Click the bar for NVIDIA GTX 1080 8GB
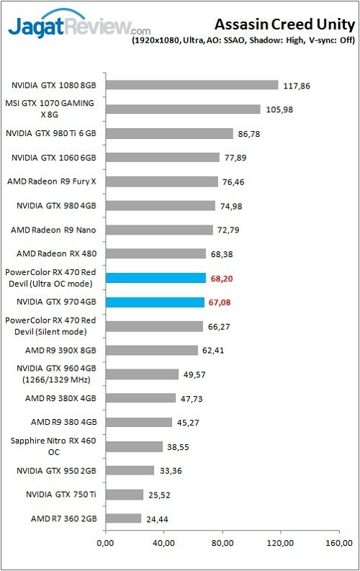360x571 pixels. tap(192, 85)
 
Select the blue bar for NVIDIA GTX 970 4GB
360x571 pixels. tap(155, 302)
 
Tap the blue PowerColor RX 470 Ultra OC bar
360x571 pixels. tap(156, 278)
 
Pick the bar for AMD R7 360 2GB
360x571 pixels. tap(123, 518)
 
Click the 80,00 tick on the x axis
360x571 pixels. tap(222, 542)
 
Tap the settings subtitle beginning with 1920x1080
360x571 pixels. tap(243, 42)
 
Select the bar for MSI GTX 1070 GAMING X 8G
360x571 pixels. tap(183, 109)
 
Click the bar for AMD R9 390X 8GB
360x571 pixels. tap(151, 351)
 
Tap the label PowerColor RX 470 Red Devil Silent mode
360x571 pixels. tap(50, 326)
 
